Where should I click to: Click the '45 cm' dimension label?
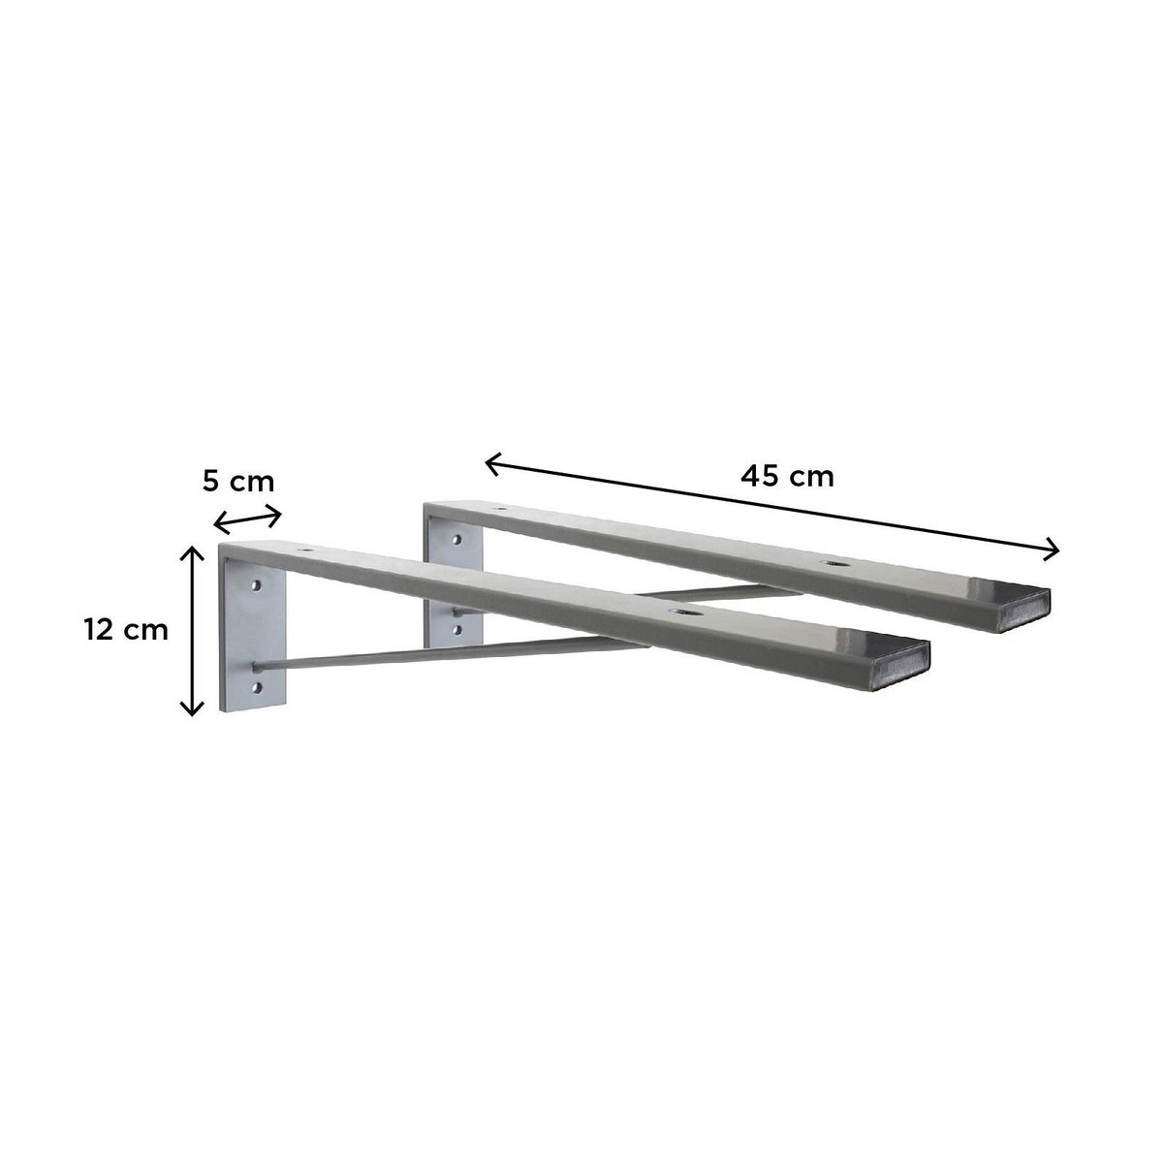pyautogui.click(x=787, y=477)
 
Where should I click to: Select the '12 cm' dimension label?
pyautogui.click(x=126, y=630)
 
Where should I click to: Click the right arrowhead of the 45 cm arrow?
pyautogui.click(x=1053, y=550)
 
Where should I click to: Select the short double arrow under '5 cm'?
pyautogui.click(x=248, y=519)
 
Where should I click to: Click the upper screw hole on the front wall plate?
pyautogui.click(x=257, y=584)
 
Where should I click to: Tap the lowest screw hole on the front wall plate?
pyautogui.click(x=258, y=687)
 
